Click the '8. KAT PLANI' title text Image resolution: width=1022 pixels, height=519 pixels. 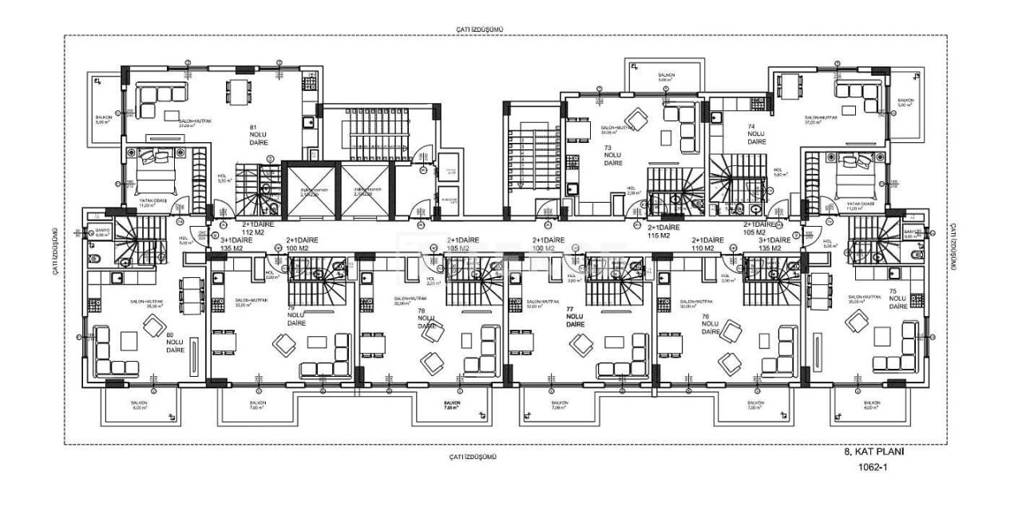tap(879, 451)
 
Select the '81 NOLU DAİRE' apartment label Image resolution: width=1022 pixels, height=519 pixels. tap(258, 133)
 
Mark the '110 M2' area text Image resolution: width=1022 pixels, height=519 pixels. tap(707, 248)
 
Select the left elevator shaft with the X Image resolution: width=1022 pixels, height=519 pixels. tap(311, 189)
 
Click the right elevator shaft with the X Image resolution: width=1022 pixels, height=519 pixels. tap(368, 189)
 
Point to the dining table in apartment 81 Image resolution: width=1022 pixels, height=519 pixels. tap(236, 93)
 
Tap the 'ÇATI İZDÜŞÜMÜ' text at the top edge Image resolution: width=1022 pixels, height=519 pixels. tap(480, 29)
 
